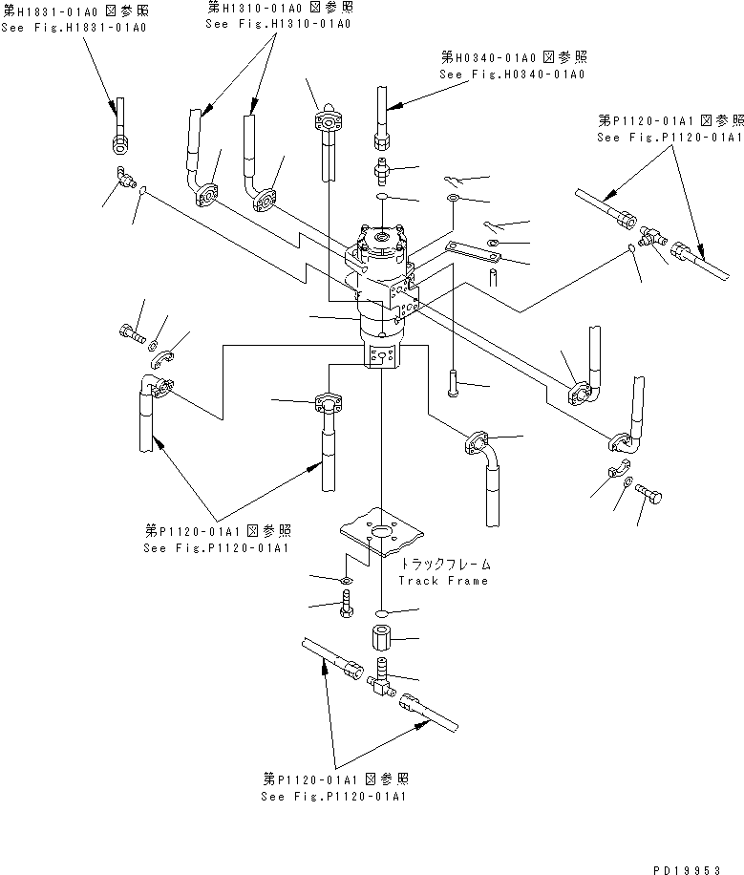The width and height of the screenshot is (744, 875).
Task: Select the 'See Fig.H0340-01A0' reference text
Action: (512, 74)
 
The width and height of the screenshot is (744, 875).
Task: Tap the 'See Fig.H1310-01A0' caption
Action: (277, 23)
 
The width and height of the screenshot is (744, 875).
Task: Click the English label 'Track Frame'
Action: (443, 581)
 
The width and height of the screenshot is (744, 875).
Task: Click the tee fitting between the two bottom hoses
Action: (379, 682)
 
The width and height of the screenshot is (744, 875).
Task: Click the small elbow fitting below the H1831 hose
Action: (123, 176)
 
